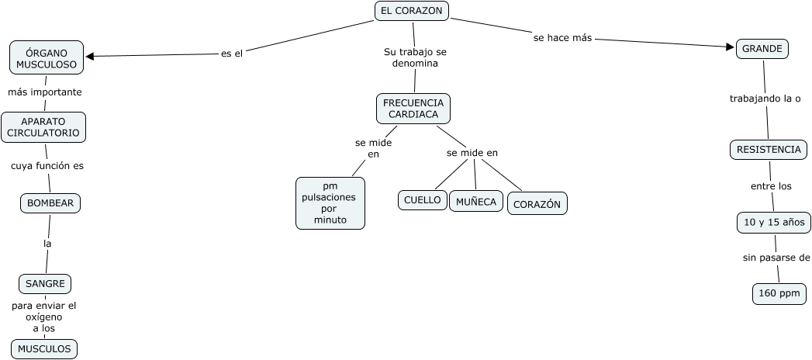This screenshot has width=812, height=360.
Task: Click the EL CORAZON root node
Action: click(412, 11)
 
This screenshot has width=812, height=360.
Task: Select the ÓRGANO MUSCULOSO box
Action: click(47, 57)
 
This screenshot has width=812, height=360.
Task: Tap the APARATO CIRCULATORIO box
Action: click(43, 127)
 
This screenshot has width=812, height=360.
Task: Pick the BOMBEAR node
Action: click(50, 203)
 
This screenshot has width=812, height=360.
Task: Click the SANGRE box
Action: click(45, 284)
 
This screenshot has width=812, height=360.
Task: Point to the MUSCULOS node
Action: click(44, 349)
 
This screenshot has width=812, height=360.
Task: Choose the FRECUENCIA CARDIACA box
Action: click(413, 108)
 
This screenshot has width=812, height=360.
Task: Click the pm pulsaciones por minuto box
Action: click(330, 203)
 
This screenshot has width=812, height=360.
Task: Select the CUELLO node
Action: click(423, 200)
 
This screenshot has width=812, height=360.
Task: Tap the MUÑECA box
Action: click(476, 201)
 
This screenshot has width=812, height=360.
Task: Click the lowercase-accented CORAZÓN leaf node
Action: click(537, 204)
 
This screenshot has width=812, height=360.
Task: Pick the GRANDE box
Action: click(762, 49)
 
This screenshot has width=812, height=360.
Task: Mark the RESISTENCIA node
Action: click(768, 150)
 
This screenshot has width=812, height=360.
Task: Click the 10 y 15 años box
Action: click(773, 223)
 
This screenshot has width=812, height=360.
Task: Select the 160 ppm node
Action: click(779, 293)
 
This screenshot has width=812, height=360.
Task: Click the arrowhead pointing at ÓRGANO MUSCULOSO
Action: click(90, 56)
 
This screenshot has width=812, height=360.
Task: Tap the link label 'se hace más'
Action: click(563, 37)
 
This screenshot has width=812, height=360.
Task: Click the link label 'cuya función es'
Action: click(47, 166)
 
